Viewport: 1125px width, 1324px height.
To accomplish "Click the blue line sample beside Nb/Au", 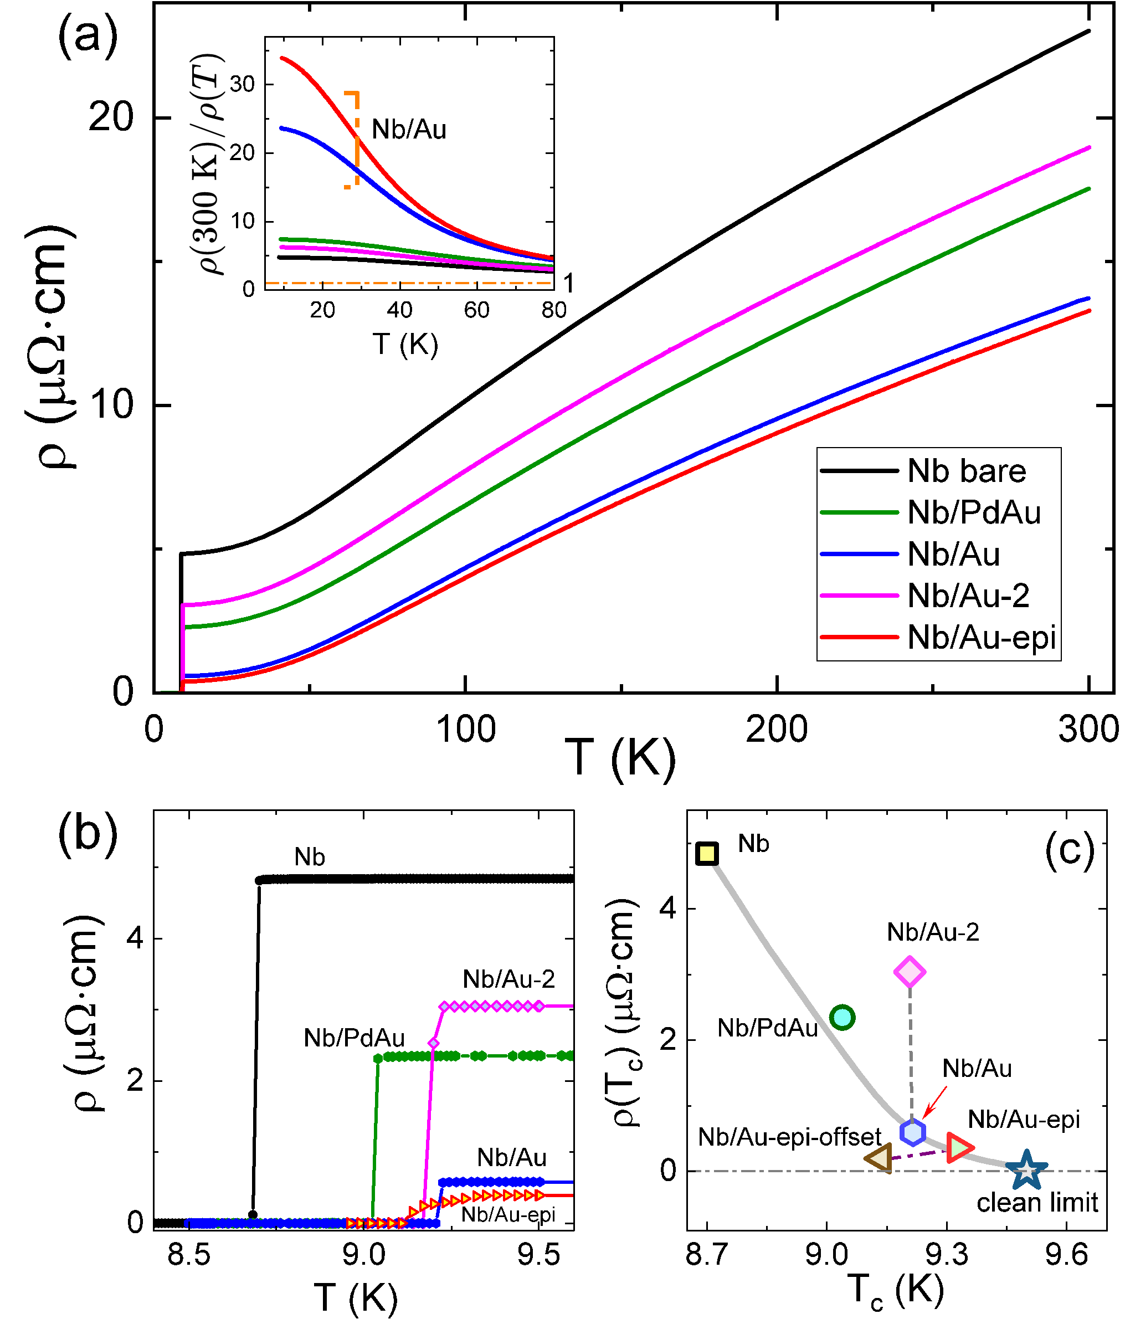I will [859, 553].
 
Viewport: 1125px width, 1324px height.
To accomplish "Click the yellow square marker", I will [707, 853].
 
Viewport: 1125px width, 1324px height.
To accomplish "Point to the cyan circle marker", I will [842, 1017].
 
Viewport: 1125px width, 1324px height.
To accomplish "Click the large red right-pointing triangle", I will [958, 1147].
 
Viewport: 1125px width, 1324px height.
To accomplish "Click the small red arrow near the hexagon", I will [936, 1102].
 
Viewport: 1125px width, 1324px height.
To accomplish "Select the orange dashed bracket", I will [356, 139].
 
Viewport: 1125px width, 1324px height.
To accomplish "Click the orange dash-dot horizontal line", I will [408, 283].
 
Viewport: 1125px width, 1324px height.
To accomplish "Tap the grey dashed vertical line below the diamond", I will [910, 1053].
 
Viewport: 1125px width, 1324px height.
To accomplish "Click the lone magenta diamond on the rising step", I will [434, 1043].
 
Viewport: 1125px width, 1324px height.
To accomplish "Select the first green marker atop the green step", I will [378, 1059].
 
